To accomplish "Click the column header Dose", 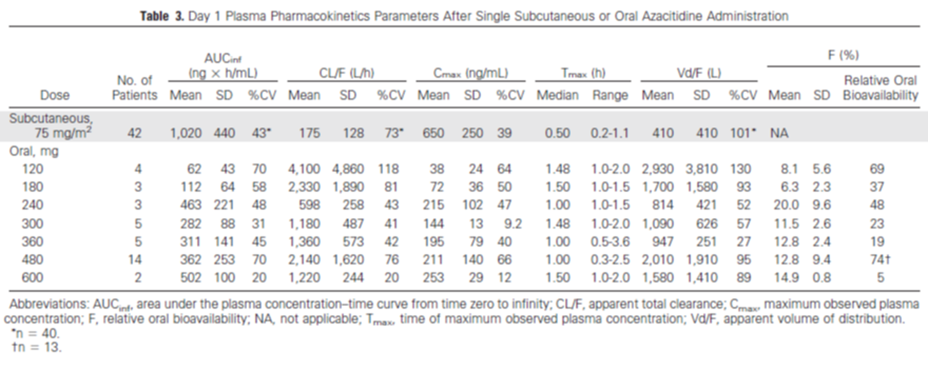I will [x=55, y=95].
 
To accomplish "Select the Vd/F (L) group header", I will [x=698, y=73].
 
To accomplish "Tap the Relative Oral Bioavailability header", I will [x=881, y=88].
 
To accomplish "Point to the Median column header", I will [x=557, y=95].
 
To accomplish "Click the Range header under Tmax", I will [x=611, y=95].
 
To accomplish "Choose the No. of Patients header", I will [x=135, y=88].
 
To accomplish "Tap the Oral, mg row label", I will [x=34, y=151].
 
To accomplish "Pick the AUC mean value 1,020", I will [x=184, y=133].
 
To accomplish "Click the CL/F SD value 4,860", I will [x=348, y=169].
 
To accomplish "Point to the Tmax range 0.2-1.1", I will [x=611, y=133].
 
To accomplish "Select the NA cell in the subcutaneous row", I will [x=779, y=133].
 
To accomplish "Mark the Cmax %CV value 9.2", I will [x=513, y=224].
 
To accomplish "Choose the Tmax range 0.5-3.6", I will [x=611, y=242].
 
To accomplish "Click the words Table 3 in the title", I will [x=162, y=16].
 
